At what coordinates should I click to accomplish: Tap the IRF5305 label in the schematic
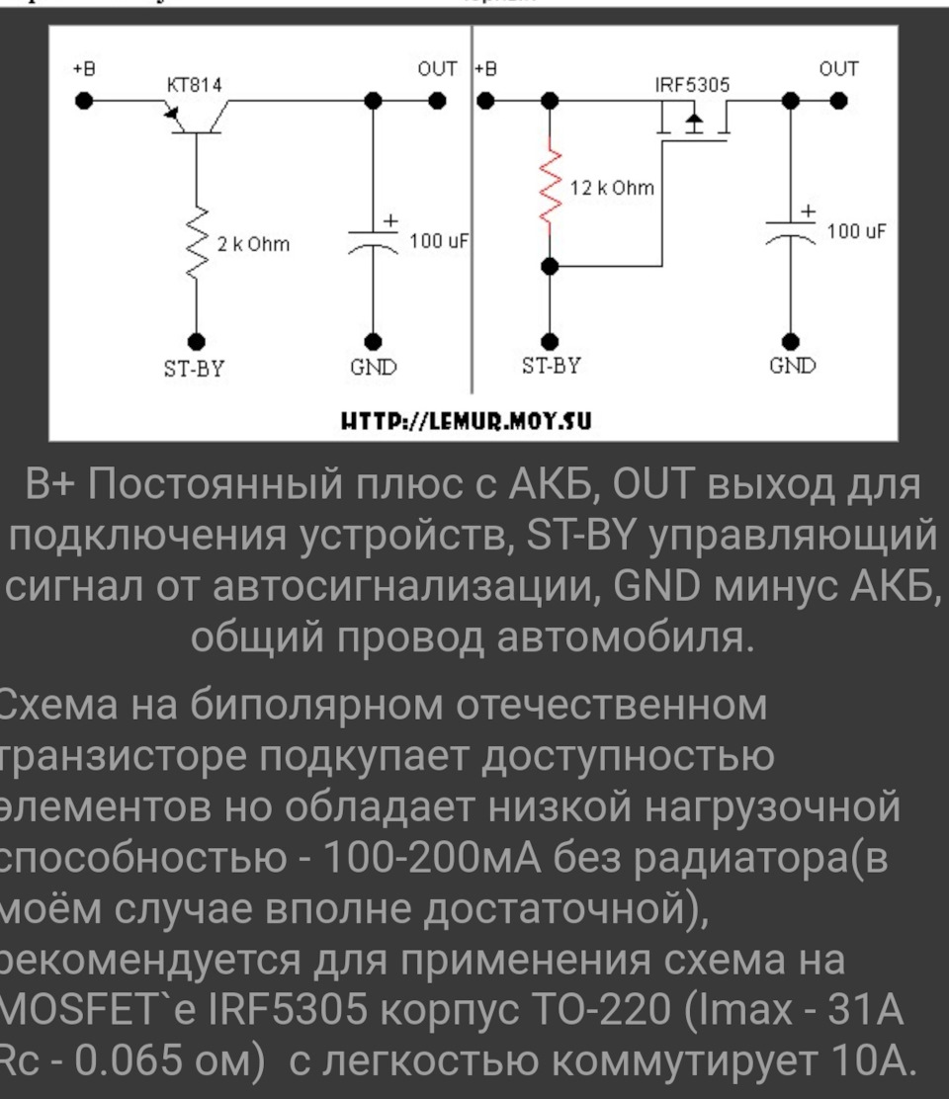692,85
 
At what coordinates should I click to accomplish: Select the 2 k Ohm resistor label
253,244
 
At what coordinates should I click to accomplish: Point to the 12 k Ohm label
613,188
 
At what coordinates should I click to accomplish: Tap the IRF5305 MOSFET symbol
693,123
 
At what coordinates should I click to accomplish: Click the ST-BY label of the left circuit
195,369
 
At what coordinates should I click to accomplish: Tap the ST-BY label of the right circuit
552,367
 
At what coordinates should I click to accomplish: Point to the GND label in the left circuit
373,369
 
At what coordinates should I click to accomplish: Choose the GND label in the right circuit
792,367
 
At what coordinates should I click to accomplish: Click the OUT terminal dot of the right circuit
838,101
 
